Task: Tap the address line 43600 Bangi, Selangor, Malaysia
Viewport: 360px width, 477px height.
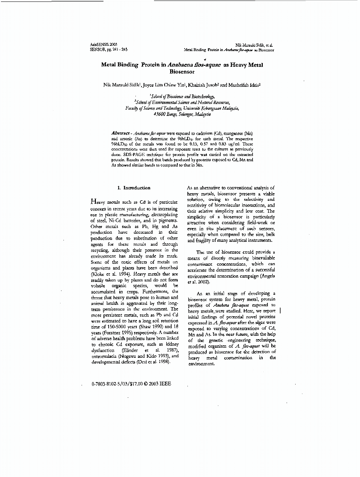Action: click(183, 114)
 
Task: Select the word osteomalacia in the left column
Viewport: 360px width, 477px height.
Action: click(105, 356)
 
